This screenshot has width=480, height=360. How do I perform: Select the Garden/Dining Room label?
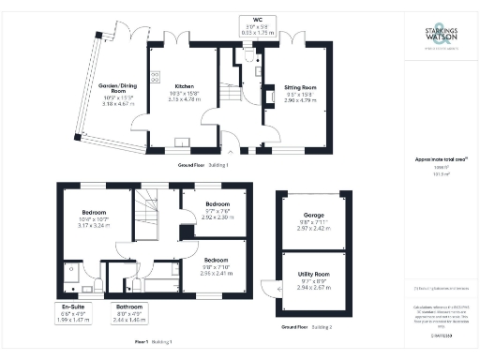[x=117, y=91]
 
